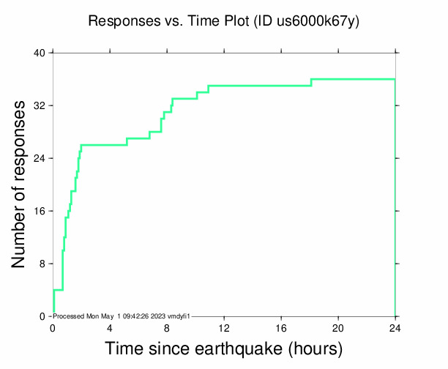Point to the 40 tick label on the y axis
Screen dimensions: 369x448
coord(40,53)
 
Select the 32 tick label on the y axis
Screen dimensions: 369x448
coord(40,105)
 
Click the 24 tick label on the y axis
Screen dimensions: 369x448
coord(40,158)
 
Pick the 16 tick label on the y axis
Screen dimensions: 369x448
coord(40,211)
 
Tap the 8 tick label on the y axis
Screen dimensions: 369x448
coord(42,264)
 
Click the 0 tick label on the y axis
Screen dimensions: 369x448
coord(42,316)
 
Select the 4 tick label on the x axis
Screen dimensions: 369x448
coord(110,328)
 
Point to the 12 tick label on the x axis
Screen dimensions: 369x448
coord(224,328)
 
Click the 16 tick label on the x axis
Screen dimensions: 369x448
coord(281,328)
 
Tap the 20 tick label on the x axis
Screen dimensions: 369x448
coord(338,328)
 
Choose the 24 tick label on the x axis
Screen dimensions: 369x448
coord(395,328)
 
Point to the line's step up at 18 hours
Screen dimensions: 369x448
coord(312,82)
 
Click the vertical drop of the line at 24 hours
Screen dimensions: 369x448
coord(395,198)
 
